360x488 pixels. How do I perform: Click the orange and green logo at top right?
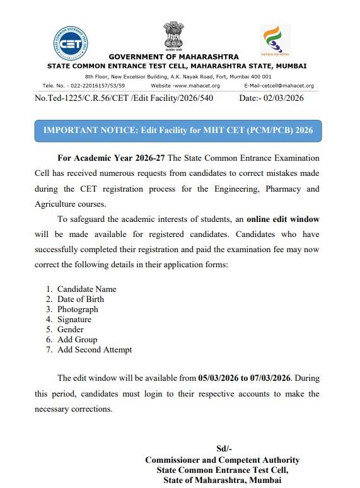(x=276, y=40)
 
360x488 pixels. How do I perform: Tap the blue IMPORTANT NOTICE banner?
(x=178, y=132)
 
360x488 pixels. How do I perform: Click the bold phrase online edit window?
(x=282, y=219)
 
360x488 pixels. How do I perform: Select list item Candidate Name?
(x=86, y=289)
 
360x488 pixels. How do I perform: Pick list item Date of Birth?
(x=81, y=299)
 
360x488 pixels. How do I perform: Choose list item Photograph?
(x=78, y=310)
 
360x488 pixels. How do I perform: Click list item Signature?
(x=74, y=320)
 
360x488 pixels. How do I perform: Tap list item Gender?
(x=71, y=330)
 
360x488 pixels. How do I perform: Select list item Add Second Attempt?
(x=95, y=350)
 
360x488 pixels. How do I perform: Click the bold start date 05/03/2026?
(x=219, y=378)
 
